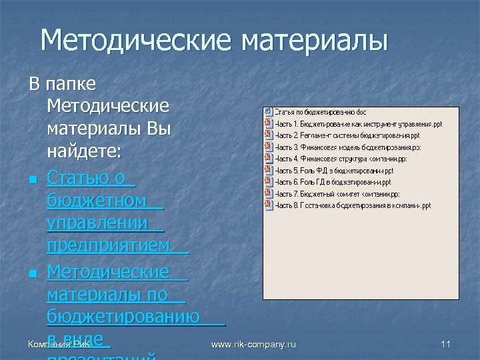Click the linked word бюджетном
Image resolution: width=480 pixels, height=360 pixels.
click(97, 201)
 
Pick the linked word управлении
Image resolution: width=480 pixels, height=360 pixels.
click(97, 223)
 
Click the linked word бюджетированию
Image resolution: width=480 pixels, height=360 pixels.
click(123, 316)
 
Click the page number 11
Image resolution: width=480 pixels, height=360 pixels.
click(446, 344)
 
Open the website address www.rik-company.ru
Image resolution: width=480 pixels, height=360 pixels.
click(253, 344)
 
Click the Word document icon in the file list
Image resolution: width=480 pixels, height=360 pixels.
click(269, 112)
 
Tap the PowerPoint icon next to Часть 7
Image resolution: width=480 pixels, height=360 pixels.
click(269, 194)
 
